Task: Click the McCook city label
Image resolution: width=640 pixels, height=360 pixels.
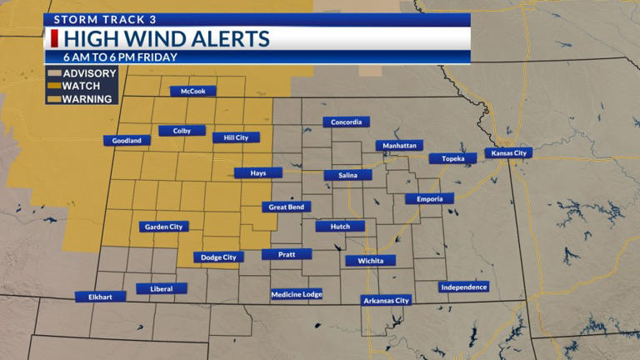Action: (x=193, y=92)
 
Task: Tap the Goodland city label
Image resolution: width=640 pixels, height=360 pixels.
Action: (x=127, y=141)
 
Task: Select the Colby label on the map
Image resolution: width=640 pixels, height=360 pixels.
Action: (x=182, y=131)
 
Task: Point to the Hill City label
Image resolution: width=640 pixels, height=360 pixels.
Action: (x=236, y=137)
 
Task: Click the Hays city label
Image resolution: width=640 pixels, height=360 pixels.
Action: (x=257, y=173)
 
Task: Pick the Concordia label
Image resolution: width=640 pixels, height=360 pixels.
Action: (x=347, y=122)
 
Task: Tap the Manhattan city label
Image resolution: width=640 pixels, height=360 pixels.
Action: (x=399, y=145)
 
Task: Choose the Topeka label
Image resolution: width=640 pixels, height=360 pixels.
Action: (x=453, y=158)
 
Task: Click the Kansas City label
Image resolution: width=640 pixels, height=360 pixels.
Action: (x=508, y=153)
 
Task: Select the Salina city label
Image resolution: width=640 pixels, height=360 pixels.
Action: (x=347, y=176)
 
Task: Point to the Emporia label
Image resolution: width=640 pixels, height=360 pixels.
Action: (x=430, y=198)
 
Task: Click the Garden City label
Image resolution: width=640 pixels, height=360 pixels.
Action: (x=164, y=227)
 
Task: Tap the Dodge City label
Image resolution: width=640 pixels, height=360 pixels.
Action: (x=219, y=257)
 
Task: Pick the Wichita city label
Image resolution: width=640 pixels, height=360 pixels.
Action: (x=371, y=261)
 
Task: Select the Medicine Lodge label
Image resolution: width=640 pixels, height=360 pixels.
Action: (x=297, y=294)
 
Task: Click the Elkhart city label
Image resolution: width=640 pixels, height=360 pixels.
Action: (x=100, y=297)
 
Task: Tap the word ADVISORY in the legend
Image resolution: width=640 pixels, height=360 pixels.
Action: (x=89, y=73)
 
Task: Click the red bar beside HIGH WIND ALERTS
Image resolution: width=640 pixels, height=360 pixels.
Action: (x=54, y=39)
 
